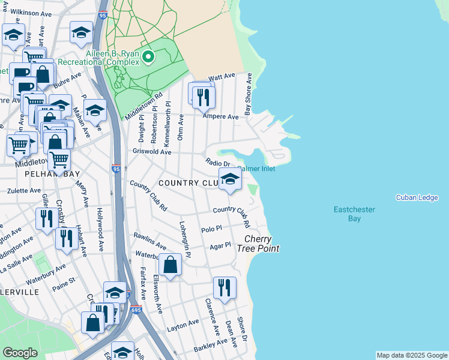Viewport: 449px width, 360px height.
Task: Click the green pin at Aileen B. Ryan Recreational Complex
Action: (148, 58)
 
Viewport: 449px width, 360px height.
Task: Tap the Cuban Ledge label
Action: (417, 198)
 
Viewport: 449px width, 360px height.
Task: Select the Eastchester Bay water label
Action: (355, 214)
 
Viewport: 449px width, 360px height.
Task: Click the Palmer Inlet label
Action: (257, 169)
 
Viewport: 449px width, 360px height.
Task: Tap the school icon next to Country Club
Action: (229, 179)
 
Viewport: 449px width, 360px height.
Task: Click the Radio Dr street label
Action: (218, 163)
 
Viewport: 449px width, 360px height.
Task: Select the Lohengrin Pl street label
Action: (184, 239)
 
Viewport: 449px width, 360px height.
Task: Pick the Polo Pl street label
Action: (212, 229)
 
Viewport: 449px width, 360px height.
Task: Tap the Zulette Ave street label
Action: (23, 191)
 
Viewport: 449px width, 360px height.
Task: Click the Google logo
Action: (20, 353)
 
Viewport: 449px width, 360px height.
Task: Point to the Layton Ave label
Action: (183, 323)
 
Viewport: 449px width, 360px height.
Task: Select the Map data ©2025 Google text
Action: (411, 355)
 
